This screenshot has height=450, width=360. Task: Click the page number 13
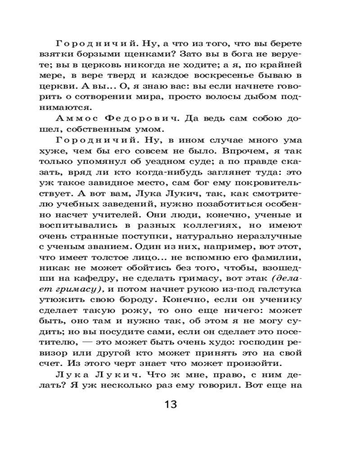[171, 404]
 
